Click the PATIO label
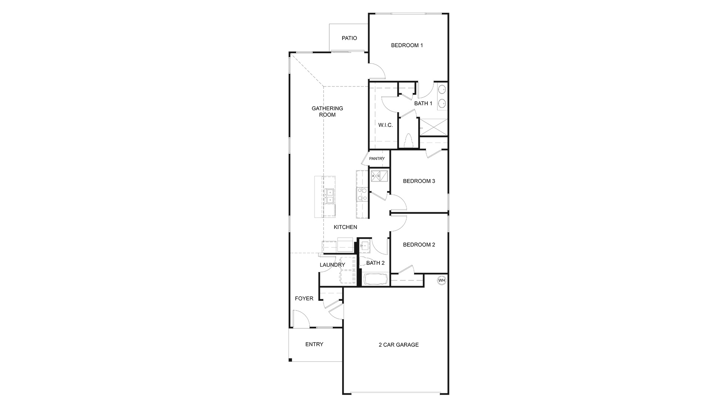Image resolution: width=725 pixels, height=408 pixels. [349, 38]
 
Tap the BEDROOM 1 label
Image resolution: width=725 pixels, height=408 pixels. [407, 45]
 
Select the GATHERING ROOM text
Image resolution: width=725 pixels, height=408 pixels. [327, 111]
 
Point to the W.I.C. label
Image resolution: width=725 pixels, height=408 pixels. [386, 125]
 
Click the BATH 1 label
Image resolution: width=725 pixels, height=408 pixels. [423, 104]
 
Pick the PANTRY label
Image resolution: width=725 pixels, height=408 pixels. [377, 159]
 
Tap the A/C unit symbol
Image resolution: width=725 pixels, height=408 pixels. [379, 176]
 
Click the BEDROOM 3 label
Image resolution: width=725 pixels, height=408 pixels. [419, 181]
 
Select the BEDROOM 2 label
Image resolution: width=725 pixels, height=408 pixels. [419, 245]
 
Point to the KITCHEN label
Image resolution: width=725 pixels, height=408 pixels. [346, 227]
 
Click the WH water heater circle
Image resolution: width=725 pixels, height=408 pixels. [442, 280]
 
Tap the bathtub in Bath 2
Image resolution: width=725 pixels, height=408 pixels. [376, 280]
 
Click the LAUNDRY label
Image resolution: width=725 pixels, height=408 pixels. [332, 265]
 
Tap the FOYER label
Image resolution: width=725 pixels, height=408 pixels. [304, 299]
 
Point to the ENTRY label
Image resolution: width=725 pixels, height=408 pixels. [314, 345]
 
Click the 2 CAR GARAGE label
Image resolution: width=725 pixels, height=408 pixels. [399, 345]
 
